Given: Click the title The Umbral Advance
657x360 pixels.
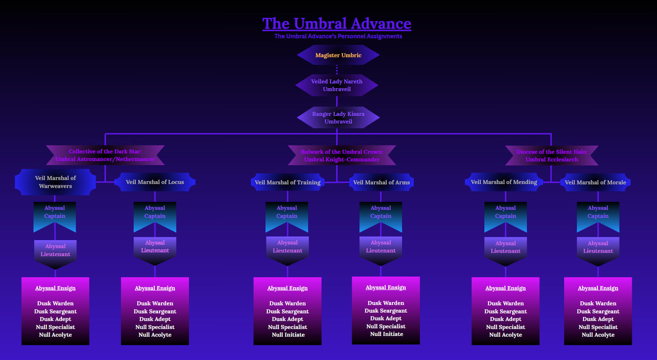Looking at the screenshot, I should pos(337,24).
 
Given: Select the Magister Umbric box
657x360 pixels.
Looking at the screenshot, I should pos(338,55).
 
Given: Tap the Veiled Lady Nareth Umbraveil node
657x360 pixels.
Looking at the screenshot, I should pos(337,85).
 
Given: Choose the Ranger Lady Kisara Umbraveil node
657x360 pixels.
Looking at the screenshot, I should pos(338,117).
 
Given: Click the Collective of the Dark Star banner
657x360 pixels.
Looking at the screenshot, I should pos(105,155).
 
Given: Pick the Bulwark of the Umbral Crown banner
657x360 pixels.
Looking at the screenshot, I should pos(342,156).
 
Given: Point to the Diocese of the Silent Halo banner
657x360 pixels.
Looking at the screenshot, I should pos(551,156).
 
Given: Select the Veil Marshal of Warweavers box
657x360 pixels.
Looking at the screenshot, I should pos(55,182).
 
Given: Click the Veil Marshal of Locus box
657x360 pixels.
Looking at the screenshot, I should pos(155,182).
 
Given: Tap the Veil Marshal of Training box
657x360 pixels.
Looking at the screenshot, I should pos(288,182).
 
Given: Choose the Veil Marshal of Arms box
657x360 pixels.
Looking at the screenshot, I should pos(381,182).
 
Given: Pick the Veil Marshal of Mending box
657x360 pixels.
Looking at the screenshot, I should pos(504,182).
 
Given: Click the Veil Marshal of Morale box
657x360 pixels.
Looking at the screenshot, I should pos(595,182).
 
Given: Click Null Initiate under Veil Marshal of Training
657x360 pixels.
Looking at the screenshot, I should pos(288,334).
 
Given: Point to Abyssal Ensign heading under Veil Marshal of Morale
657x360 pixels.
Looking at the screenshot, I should pos(598,288).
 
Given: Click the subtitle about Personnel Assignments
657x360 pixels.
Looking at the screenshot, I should pos(338,36).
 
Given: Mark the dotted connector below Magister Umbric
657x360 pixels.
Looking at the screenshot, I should pos(337,69).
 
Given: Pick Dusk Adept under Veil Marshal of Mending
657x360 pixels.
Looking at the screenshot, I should pos(505,319).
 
